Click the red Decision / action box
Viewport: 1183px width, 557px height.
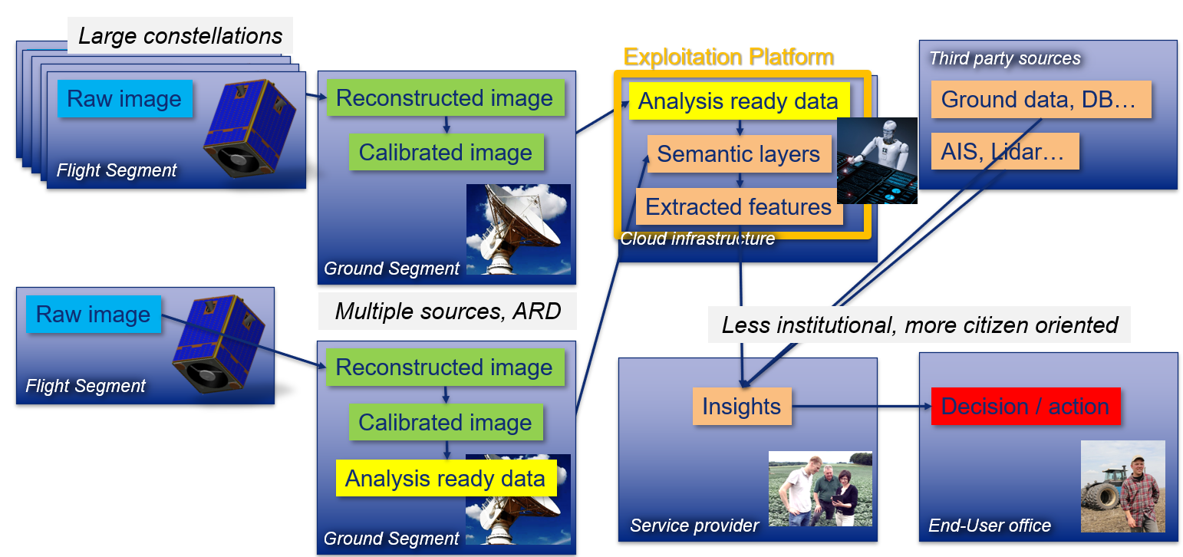[x=1026, y=406]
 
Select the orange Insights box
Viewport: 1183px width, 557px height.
[x=742, y=406]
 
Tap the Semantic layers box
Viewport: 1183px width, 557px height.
[x=739, y=153]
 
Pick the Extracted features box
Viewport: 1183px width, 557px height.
[x=739, y=206]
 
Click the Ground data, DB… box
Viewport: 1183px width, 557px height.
[x=1041, y=99]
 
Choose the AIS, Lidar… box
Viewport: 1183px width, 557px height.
[x=1005, y=151]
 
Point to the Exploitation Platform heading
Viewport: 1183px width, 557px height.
[x=729, y=57]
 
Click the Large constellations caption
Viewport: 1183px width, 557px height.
[x=180, y=36]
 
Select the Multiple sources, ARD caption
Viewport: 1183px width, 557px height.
[x=447, y=311]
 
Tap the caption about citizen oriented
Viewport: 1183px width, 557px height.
[x=919, y=325]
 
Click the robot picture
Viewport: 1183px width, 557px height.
[x=877, y=160]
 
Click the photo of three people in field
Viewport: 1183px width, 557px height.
[x=820, y=489]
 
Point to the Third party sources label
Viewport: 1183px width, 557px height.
[x=1005, y=58]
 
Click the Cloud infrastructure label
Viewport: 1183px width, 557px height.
[x=697, y=239]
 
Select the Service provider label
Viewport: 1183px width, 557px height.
[x=694, y=526]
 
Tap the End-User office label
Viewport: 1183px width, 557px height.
[x=990, y=526]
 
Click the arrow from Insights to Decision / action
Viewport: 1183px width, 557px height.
[x=862, y=406]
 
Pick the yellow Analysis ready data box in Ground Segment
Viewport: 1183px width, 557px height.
[x=447, y=478]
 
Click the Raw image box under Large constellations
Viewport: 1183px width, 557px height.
[x=124, y=99]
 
